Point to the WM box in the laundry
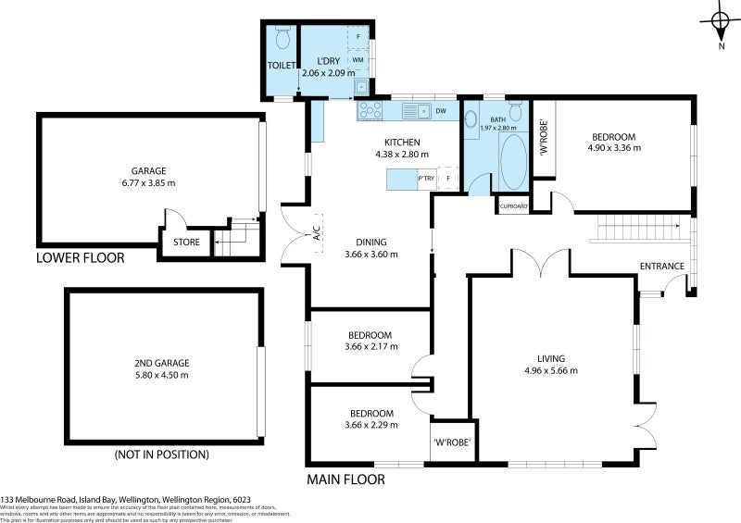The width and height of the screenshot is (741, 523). [358, 58]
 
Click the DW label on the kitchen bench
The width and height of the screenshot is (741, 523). [441, 111]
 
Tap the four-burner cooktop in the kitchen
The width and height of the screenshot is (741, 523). [370, 110]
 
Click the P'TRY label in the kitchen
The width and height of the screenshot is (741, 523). [426, 179]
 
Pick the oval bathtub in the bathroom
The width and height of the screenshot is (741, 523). [512, 162]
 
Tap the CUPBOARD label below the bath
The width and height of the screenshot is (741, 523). [513, 206]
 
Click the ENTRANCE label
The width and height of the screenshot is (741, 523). [661, 267]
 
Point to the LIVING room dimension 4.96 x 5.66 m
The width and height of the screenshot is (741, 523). [550, 370]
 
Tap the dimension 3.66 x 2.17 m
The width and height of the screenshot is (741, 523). [370, 347]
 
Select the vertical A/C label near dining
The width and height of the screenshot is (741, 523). [316, 233]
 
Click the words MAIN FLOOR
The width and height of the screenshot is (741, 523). [345, 479]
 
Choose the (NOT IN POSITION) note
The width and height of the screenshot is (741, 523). [161, 455]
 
